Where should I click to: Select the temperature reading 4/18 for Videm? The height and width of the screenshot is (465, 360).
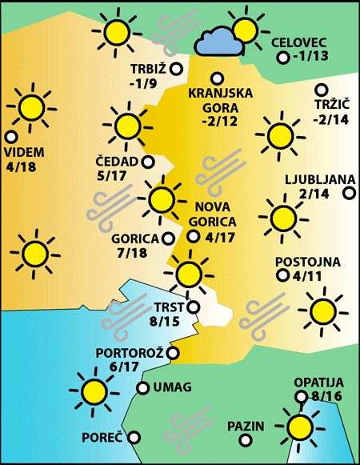25,167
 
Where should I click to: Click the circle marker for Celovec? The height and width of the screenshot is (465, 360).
282,58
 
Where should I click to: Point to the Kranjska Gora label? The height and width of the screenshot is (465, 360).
220,100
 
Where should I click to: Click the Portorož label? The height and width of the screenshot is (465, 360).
130,352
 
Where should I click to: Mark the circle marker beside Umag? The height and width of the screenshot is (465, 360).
142,388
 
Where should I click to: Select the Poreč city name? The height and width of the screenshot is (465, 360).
102,438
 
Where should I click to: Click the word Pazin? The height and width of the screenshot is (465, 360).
245,426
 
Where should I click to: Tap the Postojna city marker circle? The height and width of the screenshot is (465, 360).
282,275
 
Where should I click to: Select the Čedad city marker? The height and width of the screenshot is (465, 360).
148,162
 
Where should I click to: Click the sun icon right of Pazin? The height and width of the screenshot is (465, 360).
300,427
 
